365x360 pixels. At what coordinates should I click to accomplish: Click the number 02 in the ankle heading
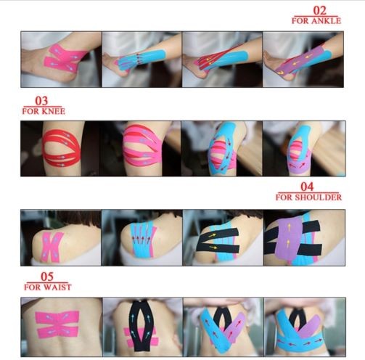click(319, 10)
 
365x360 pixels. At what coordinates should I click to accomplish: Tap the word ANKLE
click(326, 21)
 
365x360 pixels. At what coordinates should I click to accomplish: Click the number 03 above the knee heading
click(41, 101)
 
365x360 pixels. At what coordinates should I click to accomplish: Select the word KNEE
click(54, 111)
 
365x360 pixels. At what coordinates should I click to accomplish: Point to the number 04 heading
click(307, 187)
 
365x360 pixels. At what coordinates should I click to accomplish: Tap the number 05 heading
click(47, 277)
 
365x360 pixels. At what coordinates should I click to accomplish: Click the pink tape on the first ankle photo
click(63, 59)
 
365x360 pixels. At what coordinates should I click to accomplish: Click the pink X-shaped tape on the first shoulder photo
click(52, 247)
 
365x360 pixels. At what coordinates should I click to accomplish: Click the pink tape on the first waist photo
click(57, 324)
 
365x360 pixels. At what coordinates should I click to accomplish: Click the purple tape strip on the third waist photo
click(234, 327)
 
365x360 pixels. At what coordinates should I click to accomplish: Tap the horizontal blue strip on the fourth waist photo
click(300, 342)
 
